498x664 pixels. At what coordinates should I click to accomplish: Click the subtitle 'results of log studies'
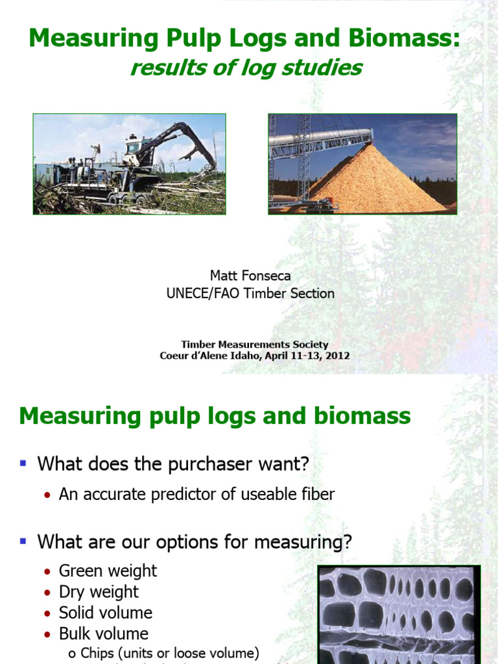[246, 67]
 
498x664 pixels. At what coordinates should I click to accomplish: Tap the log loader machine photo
[130, 164]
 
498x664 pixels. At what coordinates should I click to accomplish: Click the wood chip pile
[376, 182]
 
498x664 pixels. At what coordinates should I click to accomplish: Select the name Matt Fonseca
[250, 276]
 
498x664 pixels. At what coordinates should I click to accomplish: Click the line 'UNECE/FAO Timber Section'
[250, 293]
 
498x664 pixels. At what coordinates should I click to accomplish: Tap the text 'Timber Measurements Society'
[255, 344]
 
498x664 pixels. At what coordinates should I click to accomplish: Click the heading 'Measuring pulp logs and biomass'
[215, 416]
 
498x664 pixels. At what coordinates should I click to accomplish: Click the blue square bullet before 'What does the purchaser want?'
[23, 463]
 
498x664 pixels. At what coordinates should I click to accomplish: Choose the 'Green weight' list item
[108, 571]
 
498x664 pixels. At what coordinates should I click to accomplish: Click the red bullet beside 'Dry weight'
[47, 593]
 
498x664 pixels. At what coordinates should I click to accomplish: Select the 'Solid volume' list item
[106, 613]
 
